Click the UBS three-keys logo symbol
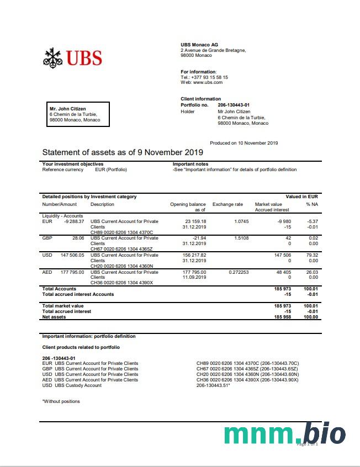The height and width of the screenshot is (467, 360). click(x=52, y=57)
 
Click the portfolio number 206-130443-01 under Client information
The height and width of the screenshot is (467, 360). click(x=234, y=105)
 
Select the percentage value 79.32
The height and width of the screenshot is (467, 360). click(x=313, y=255)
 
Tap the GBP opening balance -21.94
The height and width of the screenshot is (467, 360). click(x=197, y=238)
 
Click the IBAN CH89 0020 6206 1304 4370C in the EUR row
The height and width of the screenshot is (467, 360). click(x=121, y=232)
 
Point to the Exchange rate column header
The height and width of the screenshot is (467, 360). click(x=227, y=204)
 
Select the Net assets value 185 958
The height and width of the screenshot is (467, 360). click(x=283, y=317)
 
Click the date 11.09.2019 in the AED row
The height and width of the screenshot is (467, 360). click(x=194, y=278)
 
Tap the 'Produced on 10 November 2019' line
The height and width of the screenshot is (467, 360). click(x=244, y=143)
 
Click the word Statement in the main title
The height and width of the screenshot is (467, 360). click(x=61, y=152)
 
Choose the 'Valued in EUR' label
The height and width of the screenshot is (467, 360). click(x=301, y=197)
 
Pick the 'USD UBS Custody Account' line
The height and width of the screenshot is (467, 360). click(x=72, y=385)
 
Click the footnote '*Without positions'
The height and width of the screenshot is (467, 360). click(x=61, y=401)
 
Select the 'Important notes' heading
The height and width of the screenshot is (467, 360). click(x=190, y=164)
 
